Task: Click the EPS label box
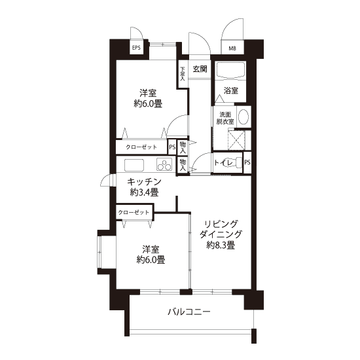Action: click(x=136, y=48)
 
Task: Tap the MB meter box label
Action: click(x=232, y=48)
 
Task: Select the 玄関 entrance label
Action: click(x=200, y=69)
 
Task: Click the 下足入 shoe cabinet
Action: click(x=183, y=74)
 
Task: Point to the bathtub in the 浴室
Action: click(x=230, y=70)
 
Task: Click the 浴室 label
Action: click(x=231, y=91)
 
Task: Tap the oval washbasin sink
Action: click(x=243, y=117)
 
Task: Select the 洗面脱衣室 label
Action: click(x=225, y=118)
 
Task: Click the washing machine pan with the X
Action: click(x=236, y=140)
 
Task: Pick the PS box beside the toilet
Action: click(x=247, y=162)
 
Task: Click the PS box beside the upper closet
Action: click(x=172, y=147)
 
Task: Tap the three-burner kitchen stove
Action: click(x=164, y=164)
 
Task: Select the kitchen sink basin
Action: click(x=134, y=165)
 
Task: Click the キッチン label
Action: click(x=145, y=182)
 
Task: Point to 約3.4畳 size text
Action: click(x=145, y=192)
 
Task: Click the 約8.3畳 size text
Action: click(x=221, y=245)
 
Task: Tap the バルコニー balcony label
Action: click(x=189, y=312)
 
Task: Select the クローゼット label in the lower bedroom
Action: click(x=134, y=212)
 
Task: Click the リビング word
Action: click(x=221, y=224)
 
